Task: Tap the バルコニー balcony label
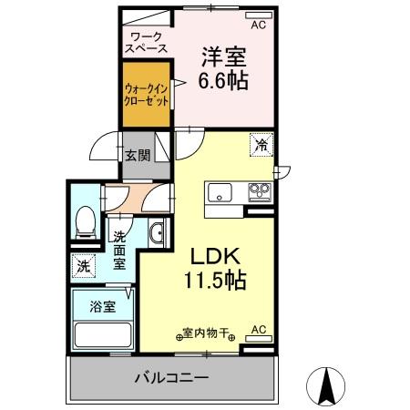click(172, 377)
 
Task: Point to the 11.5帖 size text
click(216, 281)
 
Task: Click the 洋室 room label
click(223, 55)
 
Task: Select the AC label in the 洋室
click(258, 25)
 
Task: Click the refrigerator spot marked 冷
click(261, 145)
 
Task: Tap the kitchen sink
click(220, 193)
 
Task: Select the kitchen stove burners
click(259, 191)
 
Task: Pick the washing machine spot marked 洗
click(83, 267)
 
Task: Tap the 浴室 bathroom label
click(102, 307)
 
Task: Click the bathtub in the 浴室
click(103, 334)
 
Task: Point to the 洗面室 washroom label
click(119, 250)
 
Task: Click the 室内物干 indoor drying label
click(205, 334)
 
